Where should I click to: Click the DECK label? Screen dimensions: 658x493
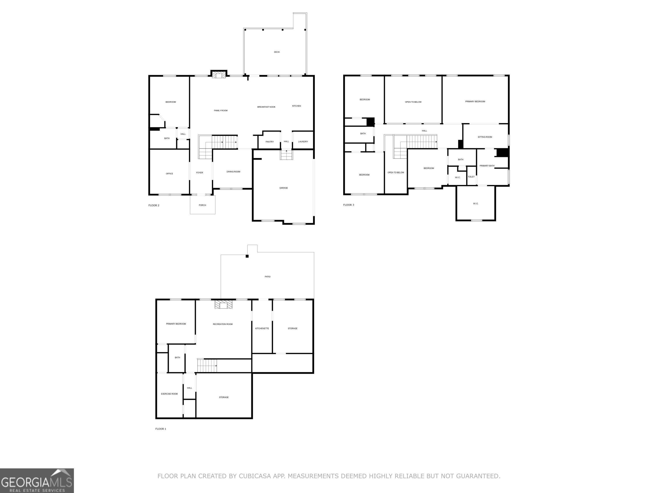[x=277, y=52]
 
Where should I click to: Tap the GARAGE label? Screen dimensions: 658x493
[x=284, y=188]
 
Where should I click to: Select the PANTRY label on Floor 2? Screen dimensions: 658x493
[x=269, y=142]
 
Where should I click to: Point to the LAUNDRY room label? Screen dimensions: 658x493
[x=303, y=141]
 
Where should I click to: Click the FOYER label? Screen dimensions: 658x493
[x=199, y=173]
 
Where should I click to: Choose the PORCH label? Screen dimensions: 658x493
[x=202, y=205]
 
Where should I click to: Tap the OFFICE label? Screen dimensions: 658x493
[x=169, y=174]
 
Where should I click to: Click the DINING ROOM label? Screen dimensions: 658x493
[x=233, y=171]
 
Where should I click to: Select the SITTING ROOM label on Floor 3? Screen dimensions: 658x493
[x=485, y=137]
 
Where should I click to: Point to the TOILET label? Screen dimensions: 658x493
[x=471, y=177]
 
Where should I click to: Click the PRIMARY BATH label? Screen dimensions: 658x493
[x=487, y=166]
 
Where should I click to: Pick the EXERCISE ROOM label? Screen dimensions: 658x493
[x=169, y=394]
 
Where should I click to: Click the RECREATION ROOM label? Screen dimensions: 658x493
[x=223, y=324]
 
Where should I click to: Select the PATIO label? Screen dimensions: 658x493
[x=268, y=277]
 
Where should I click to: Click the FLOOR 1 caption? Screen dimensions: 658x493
[x=161, y=429]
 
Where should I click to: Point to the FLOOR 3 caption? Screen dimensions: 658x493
[x=349, y=205]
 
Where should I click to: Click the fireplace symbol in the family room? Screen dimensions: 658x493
[x=219, y=75]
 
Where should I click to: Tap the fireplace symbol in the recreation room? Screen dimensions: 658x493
[x=223, y=305]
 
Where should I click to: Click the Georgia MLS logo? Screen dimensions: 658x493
[x=37, y=481]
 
